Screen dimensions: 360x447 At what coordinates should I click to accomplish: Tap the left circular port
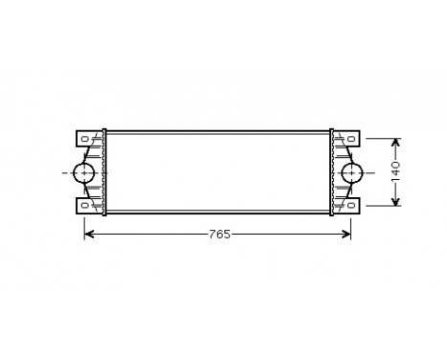[85, 172]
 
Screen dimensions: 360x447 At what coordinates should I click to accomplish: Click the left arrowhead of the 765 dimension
[89, 234]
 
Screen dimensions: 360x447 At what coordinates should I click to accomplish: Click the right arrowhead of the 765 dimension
[348, 234]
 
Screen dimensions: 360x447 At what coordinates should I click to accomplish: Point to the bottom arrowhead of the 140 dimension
[393, 201]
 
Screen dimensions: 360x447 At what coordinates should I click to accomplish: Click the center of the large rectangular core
[218, 172]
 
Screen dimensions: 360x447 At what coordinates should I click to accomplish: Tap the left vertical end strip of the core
[106, 172]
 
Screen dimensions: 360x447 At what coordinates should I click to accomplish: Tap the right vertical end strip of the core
[331, 172]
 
